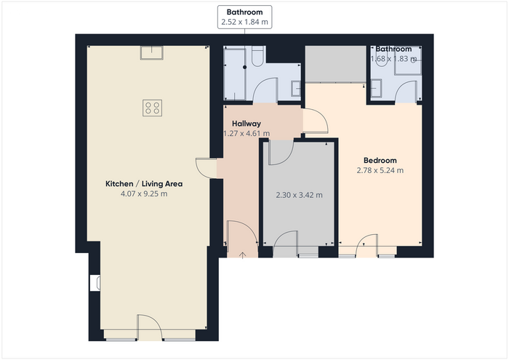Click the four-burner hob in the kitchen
coord(152,108)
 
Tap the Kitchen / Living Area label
coord(144,184)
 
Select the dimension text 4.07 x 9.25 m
coord(144,193)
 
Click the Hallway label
coord(247,124)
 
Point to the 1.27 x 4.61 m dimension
coord(247,133)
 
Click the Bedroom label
coord(380,160)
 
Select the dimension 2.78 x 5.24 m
coord(380,170)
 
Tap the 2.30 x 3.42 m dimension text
coord(300,195)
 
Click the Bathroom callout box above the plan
coord(245,17)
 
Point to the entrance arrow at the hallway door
coord(242,255)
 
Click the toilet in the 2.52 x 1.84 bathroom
coord(257,56)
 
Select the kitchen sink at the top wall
coord(151,52)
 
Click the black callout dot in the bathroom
coord(245,67)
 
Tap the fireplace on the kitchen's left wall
coord(95,283)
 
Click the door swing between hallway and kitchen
coord(206,168)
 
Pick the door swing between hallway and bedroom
coord(315,121)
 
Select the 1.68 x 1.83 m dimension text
coord(394,59)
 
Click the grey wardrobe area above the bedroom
coord(336,64)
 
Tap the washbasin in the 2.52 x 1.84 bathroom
coord(296,89)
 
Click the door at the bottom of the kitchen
coord(149,327)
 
